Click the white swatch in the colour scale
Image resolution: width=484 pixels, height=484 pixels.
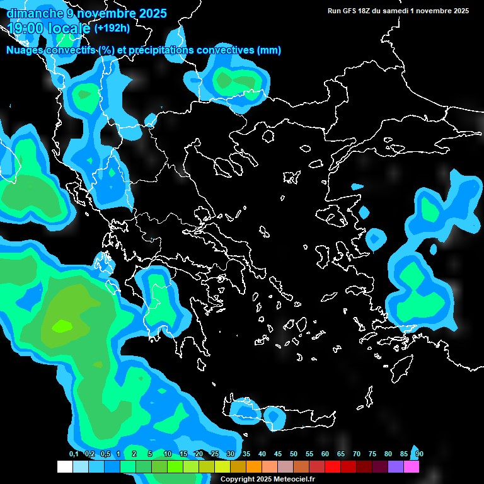(64, 466)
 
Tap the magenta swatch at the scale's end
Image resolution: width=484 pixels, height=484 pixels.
(412, 466)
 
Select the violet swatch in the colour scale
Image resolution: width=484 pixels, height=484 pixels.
(396, 466)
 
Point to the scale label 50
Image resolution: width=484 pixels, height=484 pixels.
(294, 454)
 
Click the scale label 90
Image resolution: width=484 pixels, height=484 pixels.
(420, 454)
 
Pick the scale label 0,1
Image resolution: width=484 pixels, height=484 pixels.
(74, 454)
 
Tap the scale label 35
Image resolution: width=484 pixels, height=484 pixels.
(246, 454)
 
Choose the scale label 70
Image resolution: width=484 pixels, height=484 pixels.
(357, 454)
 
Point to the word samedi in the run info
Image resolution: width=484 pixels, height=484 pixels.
(396, 11)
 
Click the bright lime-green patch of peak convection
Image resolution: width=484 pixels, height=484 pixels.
(62, 326)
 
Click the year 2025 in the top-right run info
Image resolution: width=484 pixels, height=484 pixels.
(458, 11)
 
